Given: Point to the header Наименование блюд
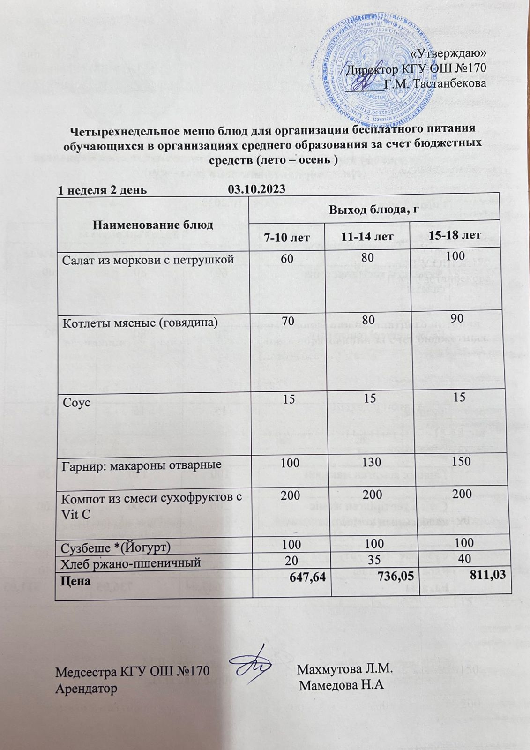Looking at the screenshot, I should click(x=153, y=225).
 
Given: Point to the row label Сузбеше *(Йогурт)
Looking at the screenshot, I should click(x=116, y=547).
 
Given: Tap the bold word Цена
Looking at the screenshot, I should click(x=76, y=580).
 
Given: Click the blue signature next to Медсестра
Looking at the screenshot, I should click(x=254, y=664).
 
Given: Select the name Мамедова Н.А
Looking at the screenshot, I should click(x=342, y=685).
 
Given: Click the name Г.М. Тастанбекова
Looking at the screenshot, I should click(x=434, y=84).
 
